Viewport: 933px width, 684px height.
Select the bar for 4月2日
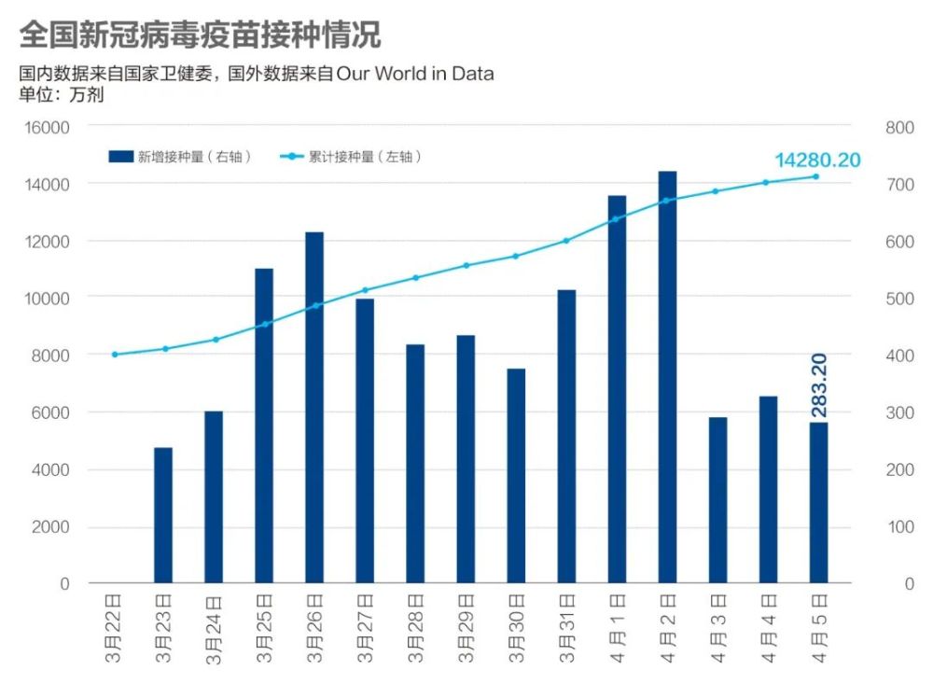click(x=667, y=377)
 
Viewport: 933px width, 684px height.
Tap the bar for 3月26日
click(x=314, y=407)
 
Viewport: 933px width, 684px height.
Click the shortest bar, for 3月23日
click(x=163, y=515)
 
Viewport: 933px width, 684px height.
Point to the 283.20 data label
click(x=819, y=384)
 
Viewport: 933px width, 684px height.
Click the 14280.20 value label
click(x=817, y=160)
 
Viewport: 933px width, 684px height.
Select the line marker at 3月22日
click(x=114, y=355)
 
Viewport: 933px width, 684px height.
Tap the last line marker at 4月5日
click(x=815, y=176)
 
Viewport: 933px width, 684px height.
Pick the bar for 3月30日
click(x=516, y=476)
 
